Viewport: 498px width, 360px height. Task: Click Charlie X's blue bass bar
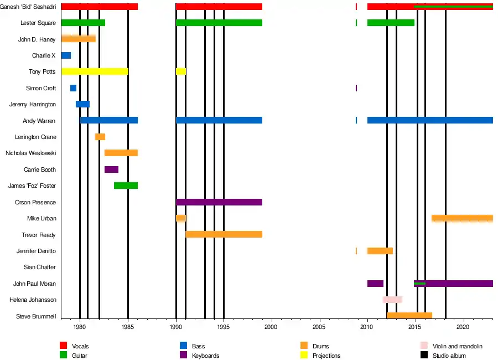pos(66,55)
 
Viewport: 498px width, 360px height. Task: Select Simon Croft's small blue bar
pos(74,88)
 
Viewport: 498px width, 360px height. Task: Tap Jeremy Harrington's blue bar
pos(82,104)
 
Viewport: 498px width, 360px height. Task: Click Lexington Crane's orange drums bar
pos(100,137)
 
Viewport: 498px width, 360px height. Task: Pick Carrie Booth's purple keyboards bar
pos(111,169)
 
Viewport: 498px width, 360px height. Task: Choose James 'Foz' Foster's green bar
pos(126,186)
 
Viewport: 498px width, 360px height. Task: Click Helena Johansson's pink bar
pos(392,300)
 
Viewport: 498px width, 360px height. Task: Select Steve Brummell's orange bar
pos(409,316)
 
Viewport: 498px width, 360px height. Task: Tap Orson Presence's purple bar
pos(219,202)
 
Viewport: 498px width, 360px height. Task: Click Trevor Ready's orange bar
pos(224,234)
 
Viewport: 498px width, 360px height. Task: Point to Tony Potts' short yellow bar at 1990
pos(181,71)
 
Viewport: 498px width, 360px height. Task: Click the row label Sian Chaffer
pos(40,267)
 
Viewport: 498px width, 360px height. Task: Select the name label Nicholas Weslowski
pos(31,153)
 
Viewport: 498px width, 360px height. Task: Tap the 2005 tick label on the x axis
pos(319,327)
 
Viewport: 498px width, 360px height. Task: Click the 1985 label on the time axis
pos(128,327)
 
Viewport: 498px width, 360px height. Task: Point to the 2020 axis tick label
pos(463,327)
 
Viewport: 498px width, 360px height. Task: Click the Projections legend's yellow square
pos(304,355)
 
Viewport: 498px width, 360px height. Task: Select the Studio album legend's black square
pos(424,355)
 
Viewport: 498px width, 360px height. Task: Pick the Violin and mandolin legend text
pos(458,346)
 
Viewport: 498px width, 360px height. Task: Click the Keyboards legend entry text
pos(205,356)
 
